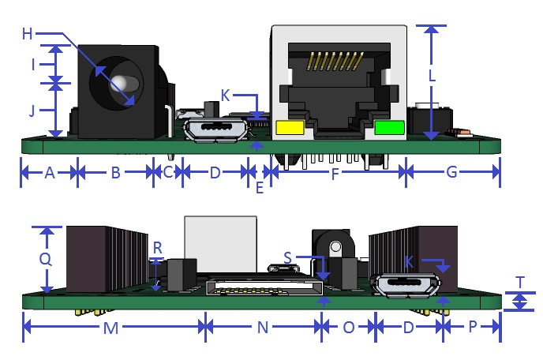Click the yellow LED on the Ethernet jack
click(x=292, y=127)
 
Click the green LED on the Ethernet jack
click(x=388, y=127)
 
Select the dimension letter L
click(x=432, y=77)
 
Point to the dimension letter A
click(x=49, y=173)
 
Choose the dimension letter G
click(x=452, y=173)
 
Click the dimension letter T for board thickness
click(x=520, y=283)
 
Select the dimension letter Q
click(x=46, y=258)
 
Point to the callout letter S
click(x=288, y=257)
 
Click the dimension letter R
click(x=158, y=248)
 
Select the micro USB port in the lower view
click(x=406, y=286)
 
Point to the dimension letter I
click(x=34, y=65)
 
